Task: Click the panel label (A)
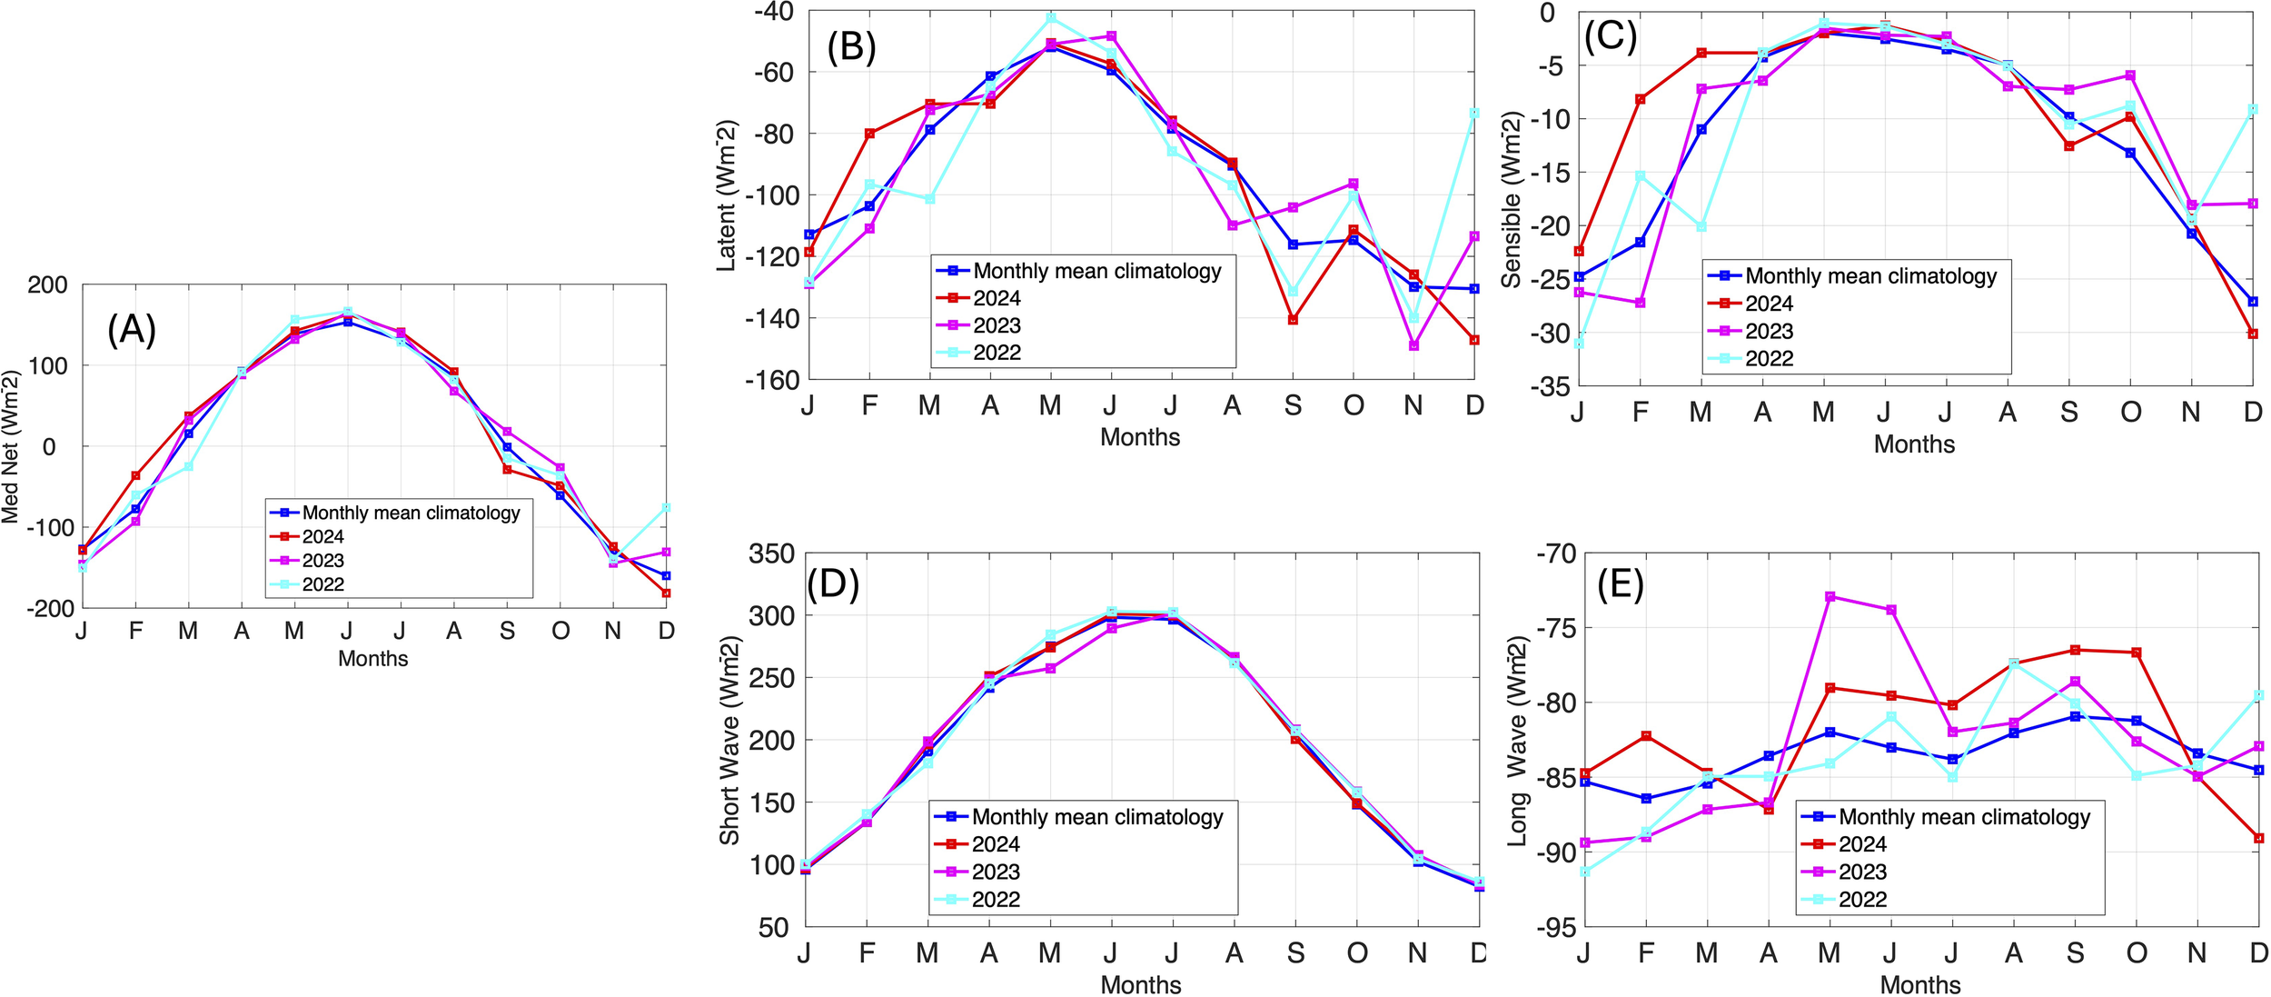pyautogui.click(x=132, y=329)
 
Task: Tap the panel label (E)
pyautogui.click(x=1621, y=586)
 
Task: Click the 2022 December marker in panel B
pyautogui.click(x=1474, y=114)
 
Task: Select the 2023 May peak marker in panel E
pyautogui.click(x=1830, y=597)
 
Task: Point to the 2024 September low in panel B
pyautogui.click(x=1293, y=320)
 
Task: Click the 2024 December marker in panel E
pyautogui.click(x=2258, y=838)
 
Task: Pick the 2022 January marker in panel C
pyautogui.click(x=1579, y=344)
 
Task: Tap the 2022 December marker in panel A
pyautogui.click(x=666, y=507)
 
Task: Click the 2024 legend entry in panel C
pyautogui.click(x=1768, y=304)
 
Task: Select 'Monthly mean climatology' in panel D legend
pyautogui.click(x=1096, y=817)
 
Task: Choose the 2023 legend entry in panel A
pyautogui.click(x=322, y=561)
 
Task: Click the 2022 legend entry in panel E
pyautogui.click(x=1862, y=900)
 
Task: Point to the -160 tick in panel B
pyautogui.click(x=772, y=380)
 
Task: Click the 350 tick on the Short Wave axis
pyautogui.click(x=771, y=553)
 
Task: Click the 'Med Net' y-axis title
pyautogui.click(x=10, y=446)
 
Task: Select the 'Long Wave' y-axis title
pyautogui.click(x=1517, y=741)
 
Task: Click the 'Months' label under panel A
pyautogui.click(x=372, y=659)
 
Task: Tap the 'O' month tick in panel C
pyautogui.click(x=2130, y=413)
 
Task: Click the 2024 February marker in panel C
pyautogui.click(x=1640, y=99)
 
